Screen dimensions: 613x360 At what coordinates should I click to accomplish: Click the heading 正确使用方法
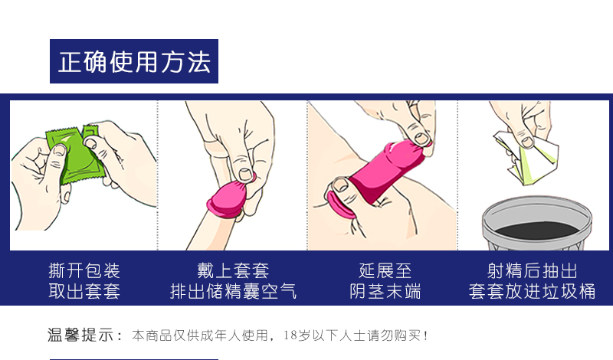pyautogui.click(x=135, y=62)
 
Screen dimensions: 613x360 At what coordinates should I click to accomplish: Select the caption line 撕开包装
pyautogui.click(x=84, y=270)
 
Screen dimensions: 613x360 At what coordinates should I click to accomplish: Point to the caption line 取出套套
pyautogui.click(x=84, y=291)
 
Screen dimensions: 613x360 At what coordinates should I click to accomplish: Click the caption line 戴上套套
pyautogui.click(x=233, y=270)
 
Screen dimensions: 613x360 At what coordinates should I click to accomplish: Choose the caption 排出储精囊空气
pyautogui.click(x=233, y=291)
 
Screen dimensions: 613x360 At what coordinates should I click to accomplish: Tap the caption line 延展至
pyautogui.click(x=385, y=270)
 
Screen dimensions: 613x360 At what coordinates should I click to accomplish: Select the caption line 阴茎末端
pyautogui.click(x=385, y=291)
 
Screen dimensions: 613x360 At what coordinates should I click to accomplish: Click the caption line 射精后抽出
pyautogui.click(x=532, y=270)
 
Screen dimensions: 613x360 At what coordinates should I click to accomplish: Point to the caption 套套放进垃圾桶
pyautogui.click(x=532, y=291)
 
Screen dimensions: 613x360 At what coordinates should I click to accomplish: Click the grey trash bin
pyautogui.click(x=537, y=224)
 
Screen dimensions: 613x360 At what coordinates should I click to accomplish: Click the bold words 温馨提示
pyautogui.click(x=80, y=335)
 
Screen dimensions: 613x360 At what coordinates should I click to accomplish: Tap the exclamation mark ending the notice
pyautogui.click(x=426, y=335)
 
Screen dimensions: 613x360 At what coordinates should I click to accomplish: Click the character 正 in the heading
pyautogui.click(x=70, y=62)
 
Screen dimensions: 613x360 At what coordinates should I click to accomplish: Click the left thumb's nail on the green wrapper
pyautogui.click(x=60, y=150)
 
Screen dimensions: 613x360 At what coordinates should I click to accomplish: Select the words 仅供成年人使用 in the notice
pyautogui.click(x=221, y=335)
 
